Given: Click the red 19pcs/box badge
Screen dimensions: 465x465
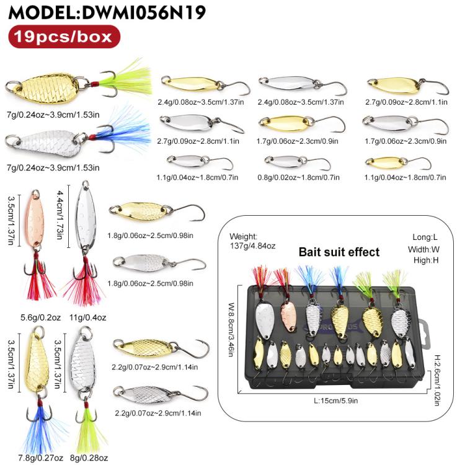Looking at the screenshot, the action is pyautogui.click(x=64, y=37).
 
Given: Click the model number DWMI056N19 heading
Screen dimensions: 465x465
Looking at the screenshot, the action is pyautogui.click(x=144, y=12).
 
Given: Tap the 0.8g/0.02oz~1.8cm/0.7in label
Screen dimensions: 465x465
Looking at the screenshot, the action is pyautogui.click(x=298, y=177).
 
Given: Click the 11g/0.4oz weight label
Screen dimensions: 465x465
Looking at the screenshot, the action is pyautogui.click(x=88, y=317).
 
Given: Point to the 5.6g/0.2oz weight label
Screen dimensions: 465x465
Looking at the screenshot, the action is pyautogui.click(x=41, y=317).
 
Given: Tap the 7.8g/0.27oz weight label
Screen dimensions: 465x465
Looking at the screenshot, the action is pyautogui.click(x=41, y=458).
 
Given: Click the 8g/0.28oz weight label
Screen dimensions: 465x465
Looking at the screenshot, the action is pyautogui.click(x=89, y=458).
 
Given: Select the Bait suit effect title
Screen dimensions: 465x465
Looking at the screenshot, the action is pyautogui.click(x=339, y=252).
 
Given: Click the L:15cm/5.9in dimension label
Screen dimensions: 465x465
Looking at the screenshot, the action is pyautogui.click(x=335, y=401).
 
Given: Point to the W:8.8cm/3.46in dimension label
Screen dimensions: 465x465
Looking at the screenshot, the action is pyautogui.click(x=232, y=330).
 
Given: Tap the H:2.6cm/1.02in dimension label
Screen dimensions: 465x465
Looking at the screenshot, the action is pyautogui.click(x=437, y=380).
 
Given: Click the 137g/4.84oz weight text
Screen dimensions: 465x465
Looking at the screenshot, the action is pyautogui.click(x=253, y=246).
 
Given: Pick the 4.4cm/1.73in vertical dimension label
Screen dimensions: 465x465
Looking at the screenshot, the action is pyautogui.click(x=60, y=215).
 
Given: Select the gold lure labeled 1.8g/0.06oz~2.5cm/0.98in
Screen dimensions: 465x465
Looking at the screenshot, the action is pyautogui.click(x=157, y=211).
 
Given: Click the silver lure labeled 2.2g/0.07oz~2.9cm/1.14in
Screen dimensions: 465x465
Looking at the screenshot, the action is pyautogui.click(x=160, y=394).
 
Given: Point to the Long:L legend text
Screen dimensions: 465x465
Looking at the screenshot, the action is pyautogui.click(x=425, y=237).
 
